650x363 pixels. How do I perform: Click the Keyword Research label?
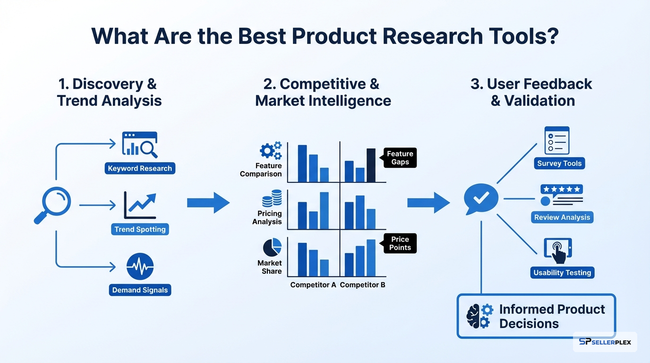pos(140,169)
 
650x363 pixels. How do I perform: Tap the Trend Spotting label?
pos(140,229)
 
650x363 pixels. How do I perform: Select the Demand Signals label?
pos(140,290)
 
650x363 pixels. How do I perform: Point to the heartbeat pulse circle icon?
pos(140,267)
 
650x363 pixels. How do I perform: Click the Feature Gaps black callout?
pos(400,158)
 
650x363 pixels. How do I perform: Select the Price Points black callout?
pos(400,243)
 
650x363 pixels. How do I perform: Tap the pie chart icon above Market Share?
pos(272,247)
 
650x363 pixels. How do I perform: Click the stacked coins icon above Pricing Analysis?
pos(272,198)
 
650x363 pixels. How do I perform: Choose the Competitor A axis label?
pos(313,285)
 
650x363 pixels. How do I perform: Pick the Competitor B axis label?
pos(362,285)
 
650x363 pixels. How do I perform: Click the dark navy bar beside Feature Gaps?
pos(371,165)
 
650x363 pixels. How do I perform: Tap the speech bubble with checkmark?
pos(481,199)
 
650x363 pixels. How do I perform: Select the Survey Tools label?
pos(559,164)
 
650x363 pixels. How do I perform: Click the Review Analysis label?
pos(562,217)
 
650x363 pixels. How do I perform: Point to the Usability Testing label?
pos(562,273)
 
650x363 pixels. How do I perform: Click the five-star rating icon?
pos(561,189)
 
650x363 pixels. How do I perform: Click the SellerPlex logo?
pos(605,342)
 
